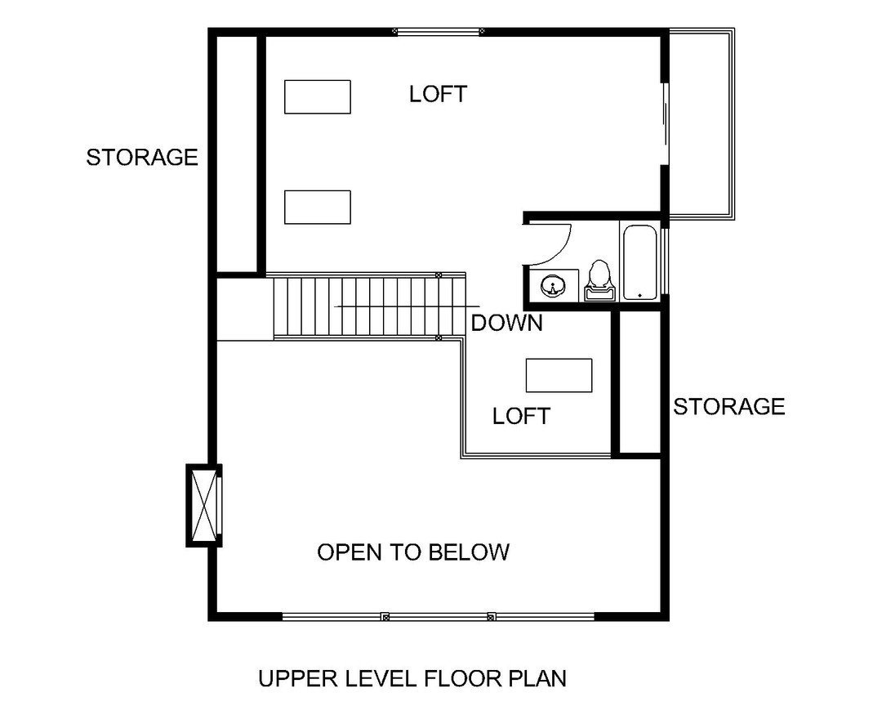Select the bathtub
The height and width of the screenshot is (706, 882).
pos(640,261)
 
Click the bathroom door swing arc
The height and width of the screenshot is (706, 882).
pos(560,243)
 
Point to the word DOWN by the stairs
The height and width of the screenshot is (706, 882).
pos(506,323)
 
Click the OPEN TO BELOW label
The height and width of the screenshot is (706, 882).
pos(412,552)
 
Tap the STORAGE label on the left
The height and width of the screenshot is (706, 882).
pos(142,157)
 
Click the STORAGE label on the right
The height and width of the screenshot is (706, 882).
pos(728,406)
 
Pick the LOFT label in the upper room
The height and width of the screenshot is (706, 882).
pos(438,94)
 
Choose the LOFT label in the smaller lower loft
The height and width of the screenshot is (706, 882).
pos(521,416)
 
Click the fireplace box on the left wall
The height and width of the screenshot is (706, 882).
pos(204,505)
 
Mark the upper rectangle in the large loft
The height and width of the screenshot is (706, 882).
pos(317,96)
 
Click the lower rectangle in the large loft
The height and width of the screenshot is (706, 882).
pos(317,207)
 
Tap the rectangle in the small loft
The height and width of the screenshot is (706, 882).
pos(559,375)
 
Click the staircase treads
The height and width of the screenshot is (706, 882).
pos(367,306)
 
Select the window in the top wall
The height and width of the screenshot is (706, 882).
pos(439,32)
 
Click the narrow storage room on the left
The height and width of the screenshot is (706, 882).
pos(238,153)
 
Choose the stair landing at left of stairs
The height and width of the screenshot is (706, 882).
pos(244,308)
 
